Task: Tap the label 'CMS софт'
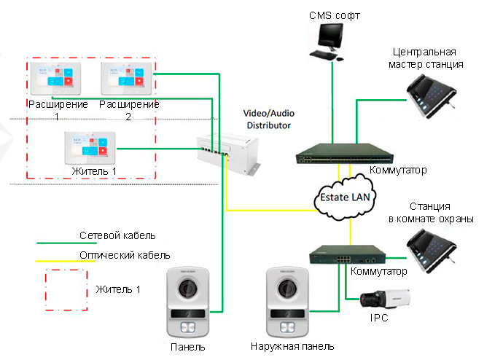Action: [x=334, y=13]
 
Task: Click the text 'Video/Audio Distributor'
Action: [x=268, y=120]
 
